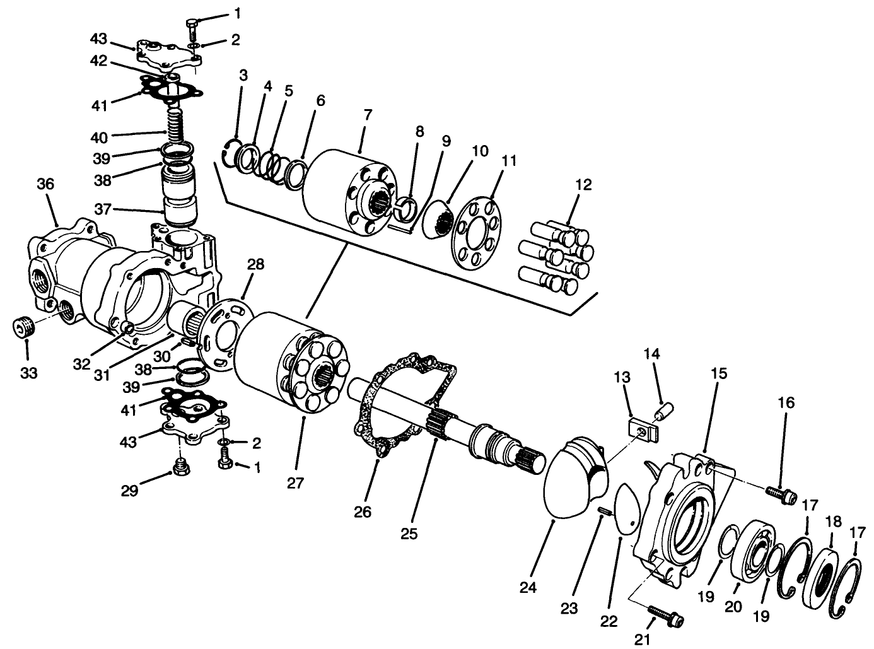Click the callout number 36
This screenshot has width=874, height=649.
click(x=45, y=184)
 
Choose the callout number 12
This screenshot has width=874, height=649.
click(x=583, y=185)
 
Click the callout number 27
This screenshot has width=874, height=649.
click(x=295, y=484)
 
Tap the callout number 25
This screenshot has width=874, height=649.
click(x=409, y=534)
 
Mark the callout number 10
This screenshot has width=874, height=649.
click(x=480, y=151)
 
